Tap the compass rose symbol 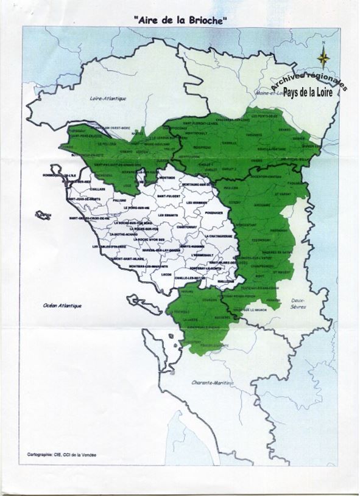(x=324, y=58)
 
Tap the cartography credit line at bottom (x=61, y=455)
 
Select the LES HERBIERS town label (x=197, y=202)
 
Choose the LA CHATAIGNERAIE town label (x=216, y=236)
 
